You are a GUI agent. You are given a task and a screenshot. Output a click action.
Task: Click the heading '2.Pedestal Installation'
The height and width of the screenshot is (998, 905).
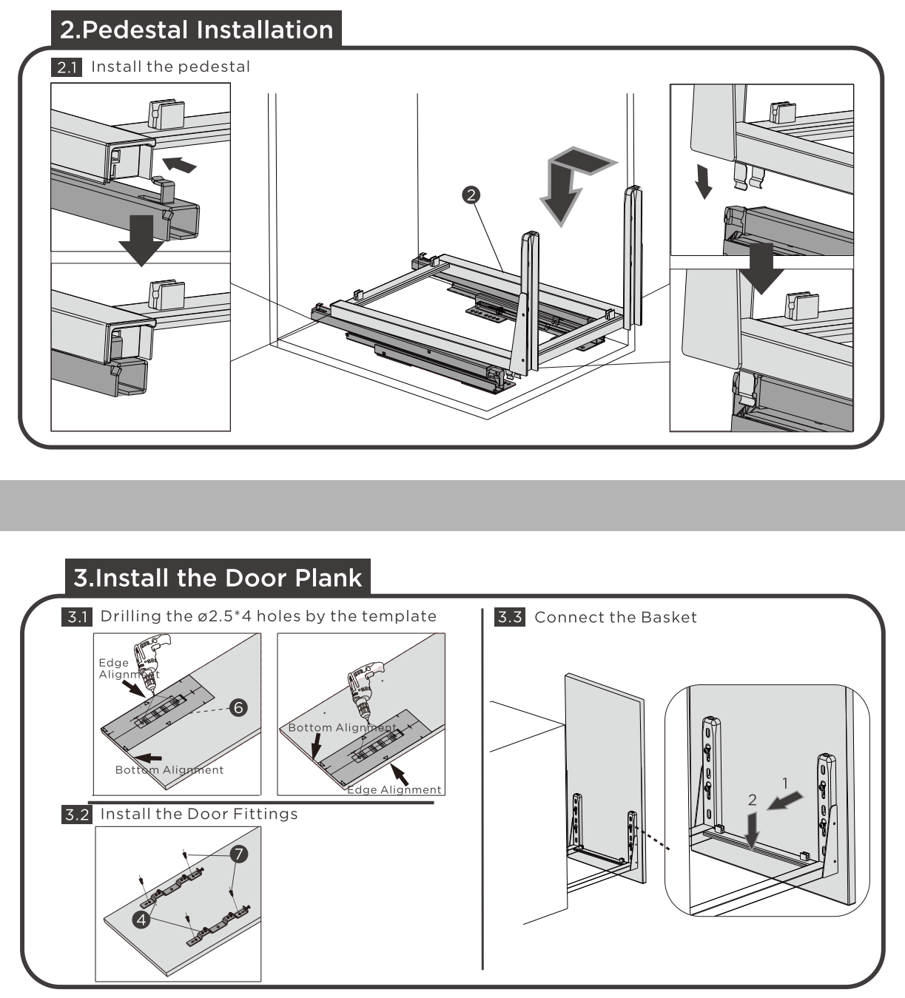pyautogui.click(x=197, y=30)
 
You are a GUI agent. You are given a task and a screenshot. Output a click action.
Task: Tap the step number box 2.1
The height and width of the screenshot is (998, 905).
pyautogui.click(x=67, y=67)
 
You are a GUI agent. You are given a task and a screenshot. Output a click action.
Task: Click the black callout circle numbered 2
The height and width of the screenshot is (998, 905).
pyautogui.click(x=471, y=195)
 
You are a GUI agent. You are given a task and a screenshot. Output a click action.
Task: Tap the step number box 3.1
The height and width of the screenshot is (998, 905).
pyautogui.click(x=77, y=617)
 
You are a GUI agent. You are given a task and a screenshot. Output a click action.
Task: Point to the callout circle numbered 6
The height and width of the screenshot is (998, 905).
pyautogui.click(x=238, y=708)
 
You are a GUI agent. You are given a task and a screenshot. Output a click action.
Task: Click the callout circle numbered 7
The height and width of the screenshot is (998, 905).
pyautogui.click(x=238, y=854)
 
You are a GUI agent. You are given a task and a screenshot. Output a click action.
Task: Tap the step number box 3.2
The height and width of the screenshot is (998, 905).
pyautogui.click(x=77, y=815)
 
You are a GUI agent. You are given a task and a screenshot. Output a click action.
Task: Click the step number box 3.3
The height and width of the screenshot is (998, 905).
pyautogui.click(x=510, y=617)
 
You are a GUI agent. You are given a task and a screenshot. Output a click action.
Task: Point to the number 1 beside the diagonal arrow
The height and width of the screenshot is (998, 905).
pyautogui.click(x=785, y=783)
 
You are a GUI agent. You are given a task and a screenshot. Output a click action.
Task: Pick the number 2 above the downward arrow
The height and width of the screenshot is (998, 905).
pyautogui.click(x=753, y=800)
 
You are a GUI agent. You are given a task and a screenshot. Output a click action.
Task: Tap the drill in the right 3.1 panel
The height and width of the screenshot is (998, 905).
pyautogui.click(x=364, y=687)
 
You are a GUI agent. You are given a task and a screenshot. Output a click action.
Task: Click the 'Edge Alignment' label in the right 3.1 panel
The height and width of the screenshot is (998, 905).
pyautogui.click(x=395, y=789)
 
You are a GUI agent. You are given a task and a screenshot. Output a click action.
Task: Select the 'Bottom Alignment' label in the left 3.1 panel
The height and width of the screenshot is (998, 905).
pyautogui.click(x=169, y=769)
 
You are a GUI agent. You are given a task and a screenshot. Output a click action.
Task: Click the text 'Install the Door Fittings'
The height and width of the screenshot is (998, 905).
pyautogui.click(x=199, y=814)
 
